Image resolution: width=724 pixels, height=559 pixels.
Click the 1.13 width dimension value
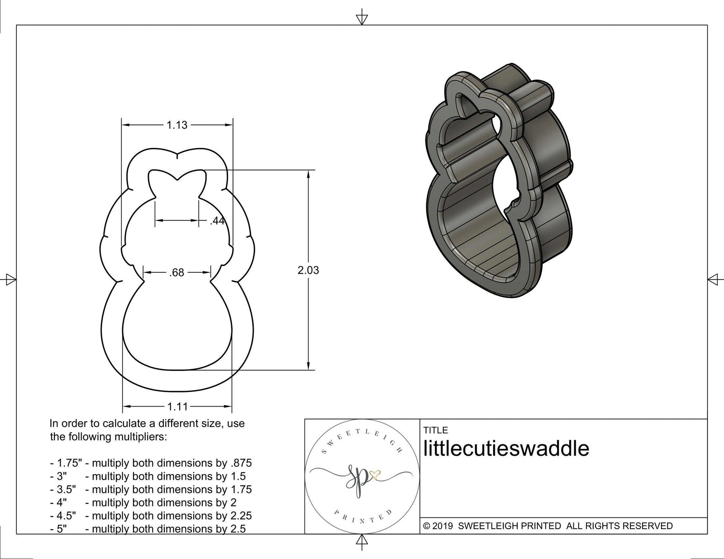click(x=176, y=125)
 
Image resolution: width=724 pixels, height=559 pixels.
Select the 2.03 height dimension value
click(x=308, y=270)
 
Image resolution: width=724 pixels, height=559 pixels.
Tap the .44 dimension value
click(x=217, y=221)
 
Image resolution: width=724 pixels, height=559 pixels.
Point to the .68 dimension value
click(x=176, y=273)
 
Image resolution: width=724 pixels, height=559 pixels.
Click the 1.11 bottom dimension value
click(x=177, y=407)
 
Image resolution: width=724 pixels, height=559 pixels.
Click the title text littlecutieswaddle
click(x=506, y=449)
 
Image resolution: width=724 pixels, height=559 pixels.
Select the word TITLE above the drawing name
click(x=435, y=430)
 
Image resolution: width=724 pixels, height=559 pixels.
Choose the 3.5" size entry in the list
click(x=63, y=489)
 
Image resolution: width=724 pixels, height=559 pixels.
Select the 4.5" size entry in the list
click(x=63, y=516)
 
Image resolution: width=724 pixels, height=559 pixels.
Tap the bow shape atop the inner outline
click(x=177, y=181)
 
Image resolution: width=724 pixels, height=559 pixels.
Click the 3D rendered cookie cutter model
click(x=498, y=181)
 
